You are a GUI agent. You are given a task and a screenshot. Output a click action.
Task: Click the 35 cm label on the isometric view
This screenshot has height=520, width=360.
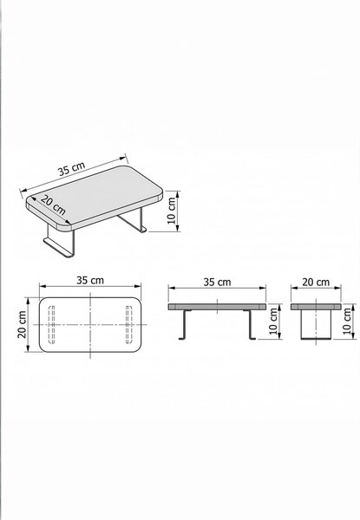coord(71,168)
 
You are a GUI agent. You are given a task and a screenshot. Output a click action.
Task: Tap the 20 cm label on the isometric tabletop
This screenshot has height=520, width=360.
coord(53,205)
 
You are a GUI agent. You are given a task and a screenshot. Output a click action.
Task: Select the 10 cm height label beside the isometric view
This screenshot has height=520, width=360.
coord(172,211)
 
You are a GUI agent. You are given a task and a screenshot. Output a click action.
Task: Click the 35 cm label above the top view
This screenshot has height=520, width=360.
coord(90,280)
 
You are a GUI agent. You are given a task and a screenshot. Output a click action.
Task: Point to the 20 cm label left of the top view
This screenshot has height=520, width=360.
coord(22,324)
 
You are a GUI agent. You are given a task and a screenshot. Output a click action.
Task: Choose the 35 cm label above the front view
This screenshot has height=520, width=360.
coord(217,283)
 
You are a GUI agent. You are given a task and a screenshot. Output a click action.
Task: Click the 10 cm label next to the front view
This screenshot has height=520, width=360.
coord(274,321)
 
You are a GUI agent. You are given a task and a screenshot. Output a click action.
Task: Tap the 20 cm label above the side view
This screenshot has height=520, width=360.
coord(316,283)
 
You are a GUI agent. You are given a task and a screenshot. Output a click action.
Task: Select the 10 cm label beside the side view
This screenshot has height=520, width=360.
coord(347,321)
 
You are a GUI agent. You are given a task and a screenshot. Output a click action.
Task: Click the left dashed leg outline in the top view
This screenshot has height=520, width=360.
coord(52,325)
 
